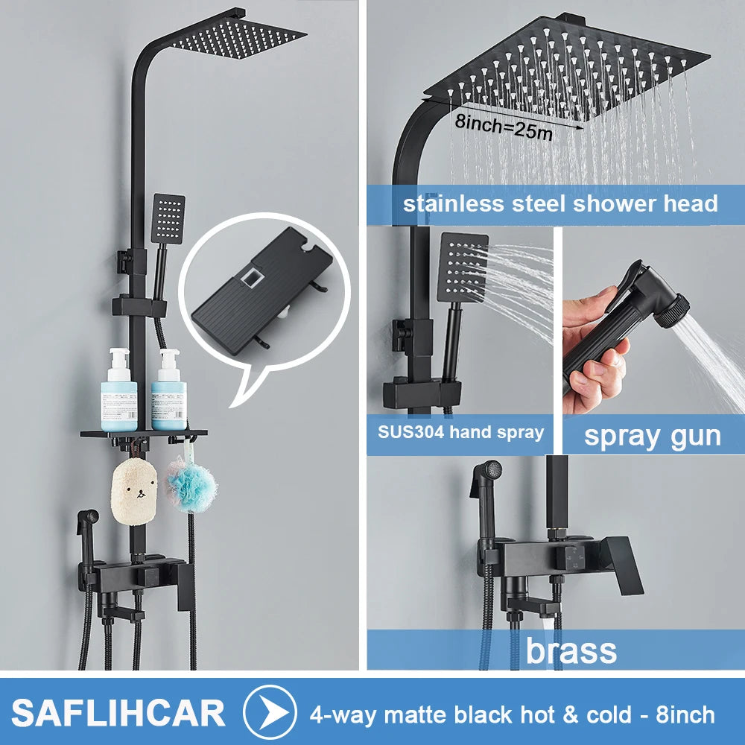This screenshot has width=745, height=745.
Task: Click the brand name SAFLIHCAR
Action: tap(118, 713)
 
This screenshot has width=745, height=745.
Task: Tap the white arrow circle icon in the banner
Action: tap(270, 712)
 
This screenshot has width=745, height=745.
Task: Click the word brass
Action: tap(571, 650)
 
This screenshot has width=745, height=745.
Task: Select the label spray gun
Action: tap(653, 436)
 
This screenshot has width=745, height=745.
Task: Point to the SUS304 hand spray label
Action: tap(460, 432)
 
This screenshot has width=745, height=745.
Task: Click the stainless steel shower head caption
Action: tap(560, 203)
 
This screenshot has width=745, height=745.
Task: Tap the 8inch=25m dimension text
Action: tap(504, 127)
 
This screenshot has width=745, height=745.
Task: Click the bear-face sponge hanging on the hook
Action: tap(134, 492)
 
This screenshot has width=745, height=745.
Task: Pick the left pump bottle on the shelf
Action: tap(118, 390)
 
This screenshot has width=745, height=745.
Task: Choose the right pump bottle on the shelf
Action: tap(169, 390)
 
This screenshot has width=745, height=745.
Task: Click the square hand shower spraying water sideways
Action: tap(463, 267)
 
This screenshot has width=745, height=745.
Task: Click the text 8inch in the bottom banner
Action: tap(685, 714)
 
